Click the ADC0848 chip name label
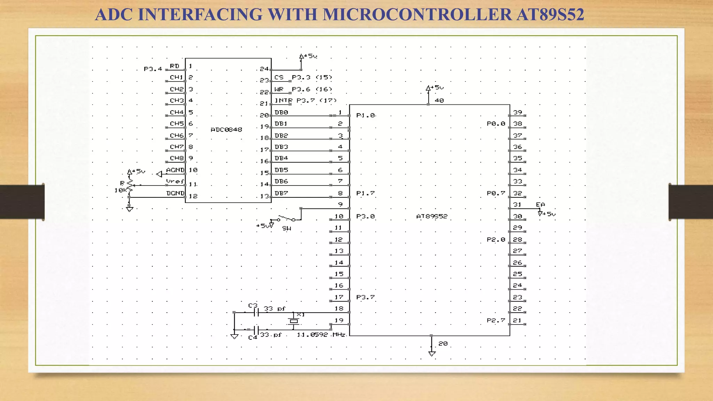pos(226,129)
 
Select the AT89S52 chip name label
pos(432,216)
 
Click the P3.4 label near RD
pos(153,69)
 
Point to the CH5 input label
pos(177,124)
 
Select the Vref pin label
pos(175,181)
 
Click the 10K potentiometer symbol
pos(130,186)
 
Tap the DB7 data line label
pos(281,193)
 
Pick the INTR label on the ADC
pos(283,101)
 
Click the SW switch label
pos(287,228)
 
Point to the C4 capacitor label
pos(252,337)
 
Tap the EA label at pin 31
pos(540,205)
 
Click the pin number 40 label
pos(439,101)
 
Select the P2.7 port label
pos(496,320)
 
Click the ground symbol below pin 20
pos(432,354)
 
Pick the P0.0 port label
pos(496,124)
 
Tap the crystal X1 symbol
pos(294,321)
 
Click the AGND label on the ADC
pos(175,170)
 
